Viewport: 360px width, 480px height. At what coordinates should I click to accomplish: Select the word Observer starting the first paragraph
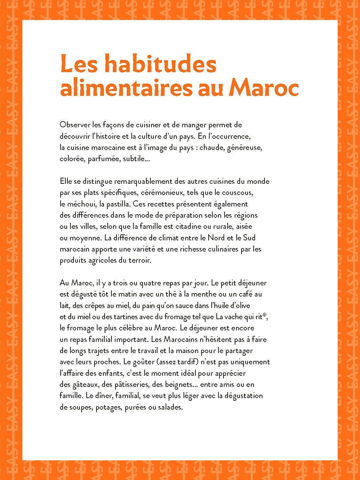pyautogui.click(x=75, y=125)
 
